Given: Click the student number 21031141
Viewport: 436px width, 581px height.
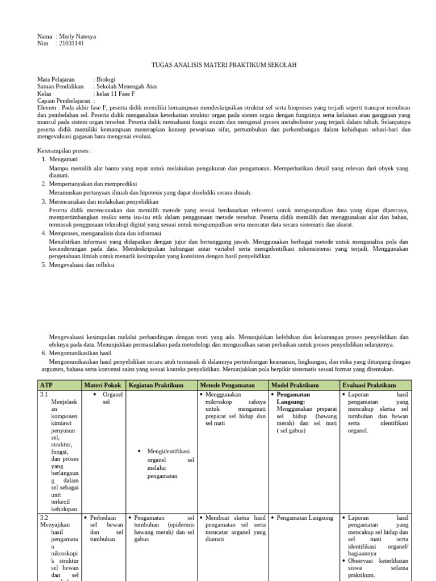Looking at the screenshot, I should point(71,44).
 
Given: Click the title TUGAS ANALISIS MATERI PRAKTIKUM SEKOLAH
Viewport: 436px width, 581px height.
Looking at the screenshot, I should point(224,65).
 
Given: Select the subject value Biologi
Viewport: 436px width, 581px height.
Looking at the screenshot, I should point(106,80).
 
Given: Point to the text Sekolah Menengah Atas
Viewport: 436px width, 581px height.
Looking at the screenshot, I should point(127,87).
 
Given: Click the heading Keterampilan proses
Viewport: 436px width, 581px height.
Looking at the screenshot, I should point(64,151).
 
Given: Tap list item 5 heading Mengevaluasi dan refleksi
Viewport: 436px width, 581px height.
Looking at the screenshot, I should point(82,264).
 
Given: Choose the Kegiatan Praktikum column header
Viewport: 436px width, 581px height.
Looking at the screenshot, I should point(156,385).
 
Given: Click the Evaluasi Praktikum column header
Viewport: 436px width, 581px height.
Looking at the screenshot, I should point(369,385).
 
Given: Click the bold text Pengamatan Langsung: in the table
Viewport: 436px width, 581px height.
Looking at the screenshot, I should point(295,398).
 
